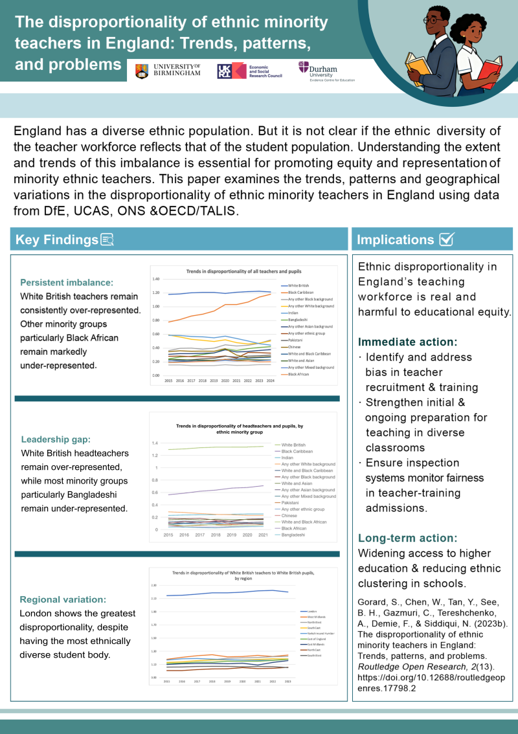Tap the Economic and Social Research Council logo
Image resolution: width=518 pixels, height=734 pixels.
[x=248, y=71]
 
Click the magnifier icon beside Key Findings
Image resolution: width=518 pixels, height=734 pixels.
[x=107, y=240]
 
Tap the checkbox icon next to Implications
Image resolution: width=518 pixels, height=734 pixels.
[x=446, y=239]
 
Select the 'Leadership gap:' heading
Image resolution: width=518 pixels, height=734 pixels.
[x=52, y=439]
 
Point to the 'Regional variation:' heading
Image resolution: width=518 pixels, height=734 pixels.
[x=63, y=599]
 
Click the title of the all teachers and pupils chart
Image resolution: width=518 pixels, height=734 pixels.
[x=243, y=271]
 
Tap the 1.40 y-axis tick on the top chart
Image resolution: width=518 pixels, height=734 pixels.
[x=155, y=279]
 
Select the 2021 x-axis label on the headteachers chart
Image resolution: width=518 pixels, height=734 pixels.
[x=262, y=535]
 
